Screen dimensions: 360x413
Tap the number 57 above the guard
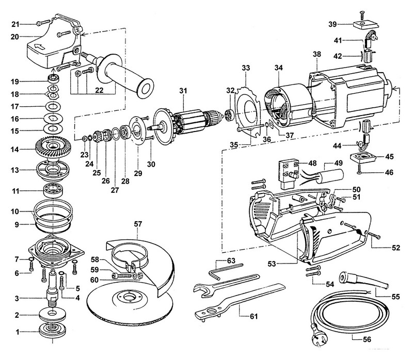click(x=138, y=225)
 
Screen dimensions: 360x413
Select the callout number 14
click(x=17, y=150)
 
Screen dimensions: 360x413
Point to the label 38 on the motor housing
click(x=316, y=53)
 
